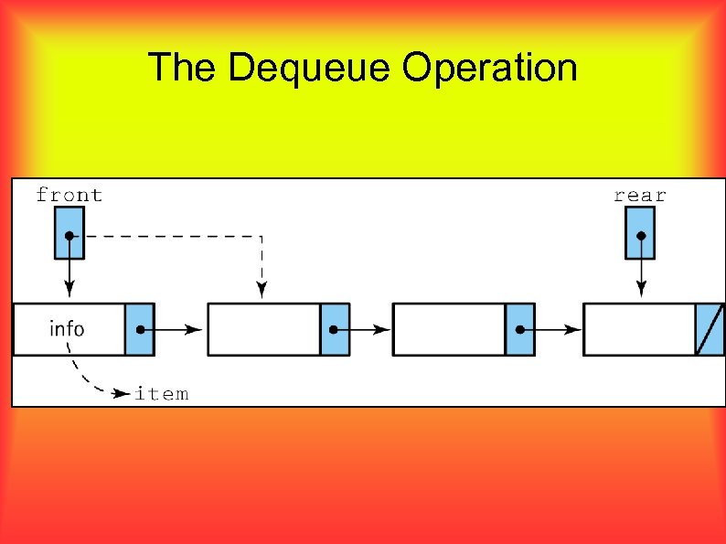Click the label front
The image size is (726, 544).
tap(69, 195)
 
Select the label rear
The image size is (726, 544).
tap(640, 195)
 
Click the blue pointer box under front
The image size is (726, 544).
tap(69, 233)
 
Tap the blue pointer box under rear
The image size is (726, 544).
tap(640, 233)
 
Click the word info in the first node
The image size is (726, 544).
tap(67, 328)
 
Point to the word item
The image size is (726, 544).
tap(162, 394)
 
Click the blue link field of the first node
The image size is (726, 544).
tap(140, 329)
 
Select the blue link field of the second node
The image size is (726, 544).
tap(335, 329)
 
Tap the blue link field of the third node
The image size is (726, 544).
tap(519, 329)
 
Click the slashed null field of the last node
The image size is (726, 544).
tap(710, 329)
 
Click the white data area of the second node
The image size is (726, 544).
tap(263, 329)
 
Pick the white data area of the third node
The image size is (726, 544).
tap(448, 329)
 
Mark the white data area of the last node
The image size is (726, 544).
tap(639, 329)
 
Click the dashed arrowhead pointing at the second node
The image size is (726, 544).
tap(262, 290)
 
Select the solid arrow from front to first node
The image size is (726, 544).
tap(69, 274)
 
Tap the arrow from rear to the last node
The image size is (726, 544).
tap(641, 274)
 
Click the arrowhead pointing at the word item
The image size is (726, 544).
tap(121, 394)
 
